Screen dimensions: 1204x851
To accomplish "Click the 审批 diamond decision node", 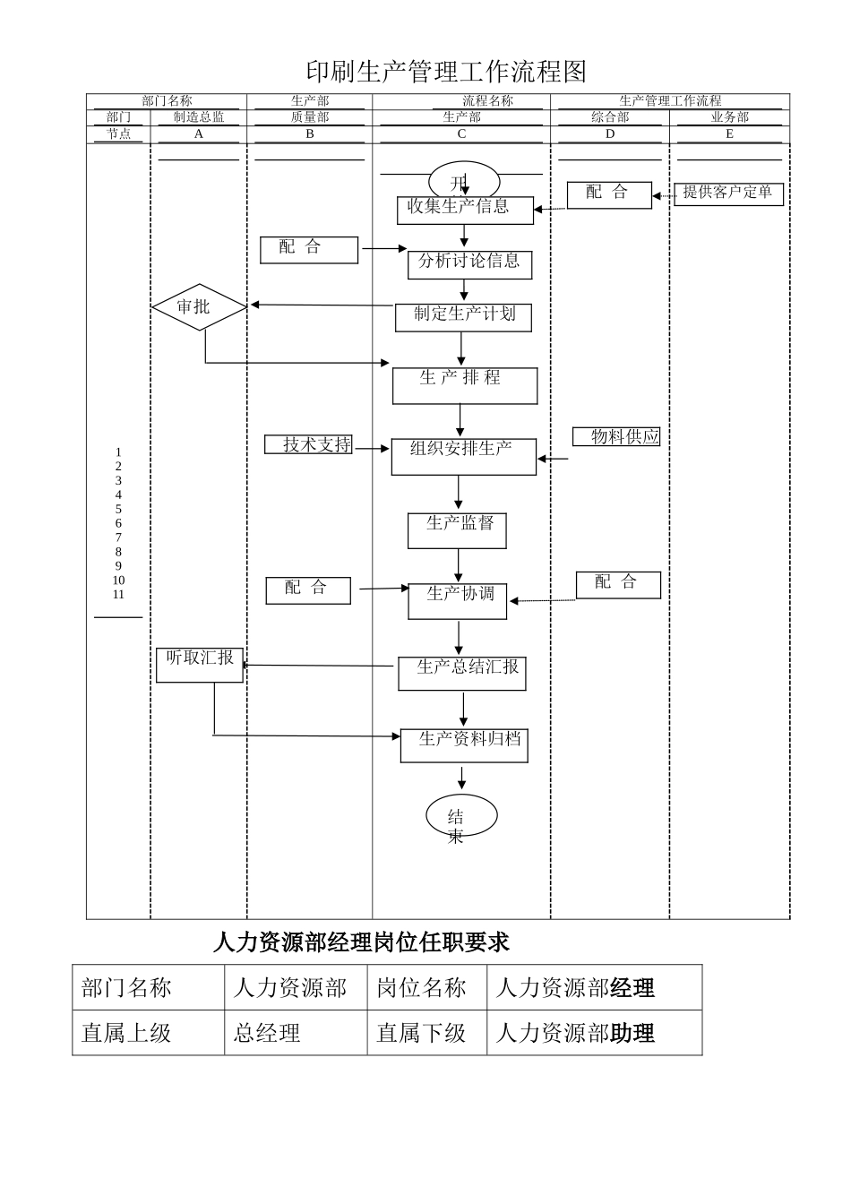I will (199, 307).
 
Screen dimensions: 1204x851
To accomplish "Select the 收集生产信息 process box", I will (465, 211).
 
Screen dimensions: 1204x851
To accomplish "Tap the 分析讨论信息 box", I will (469, 264).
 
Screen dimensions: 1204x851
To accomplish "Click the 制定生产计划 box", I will (463, 317).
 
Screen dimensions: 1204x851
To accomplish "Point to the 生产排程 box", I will (464, 385).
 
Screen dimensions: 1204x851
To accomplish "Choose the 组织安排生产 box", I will (463, 456).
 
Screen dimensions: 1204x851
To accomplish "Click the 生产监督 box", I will (457, 530).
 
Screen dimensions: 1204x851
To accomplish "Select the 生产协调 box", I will (457, 601).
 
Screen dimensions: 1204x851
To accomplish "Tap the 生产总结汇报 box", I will (462, 673).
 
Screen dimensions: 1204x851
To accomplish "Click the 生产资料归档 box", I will (464, 745).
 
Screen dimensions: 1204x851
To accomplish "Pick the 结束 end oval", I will (460, 815).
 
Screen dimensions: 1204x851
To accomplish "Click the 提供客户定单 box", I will (727, 193).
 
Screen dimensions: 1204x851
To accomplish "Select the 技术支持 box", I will (309, 444).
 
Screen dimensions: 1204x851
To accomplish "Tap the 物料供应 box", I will (616, 436).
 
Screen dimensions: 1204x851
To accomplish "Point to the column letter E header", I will (729, 133).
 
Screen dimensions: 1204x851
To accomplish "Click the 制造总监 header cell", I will (199, 117).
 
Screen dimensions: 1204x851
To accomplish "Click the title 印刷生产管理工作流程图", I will (446, 72).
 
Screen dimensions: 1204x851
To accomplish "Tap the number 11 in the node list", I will (118, 595).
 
